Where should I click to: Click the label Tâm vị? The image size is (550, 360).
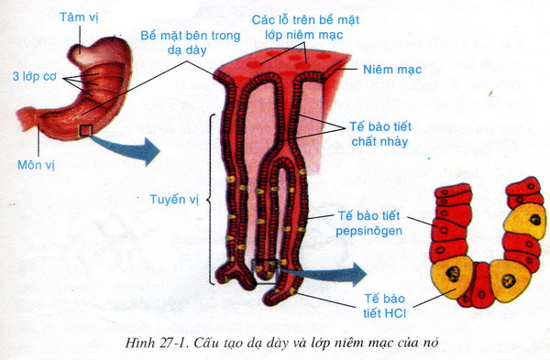coord(79,17)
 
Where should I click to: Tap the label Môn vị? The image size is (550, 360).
coord(36,164)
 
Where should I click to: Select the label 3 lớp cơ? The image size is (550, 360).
coord(35,76)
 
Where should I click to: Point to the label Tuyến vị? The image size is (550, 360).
coord(174,199)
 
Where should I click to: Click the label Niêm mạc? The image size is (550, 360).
coord(392,70)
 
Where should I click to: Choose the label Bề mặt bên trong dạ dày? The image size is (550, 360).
coord(191,42)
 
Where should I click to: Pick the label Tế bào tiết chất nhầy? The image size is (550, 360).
coord(379,134)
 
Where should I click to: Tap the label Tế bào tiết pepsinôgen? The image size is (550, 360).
coord(368,224)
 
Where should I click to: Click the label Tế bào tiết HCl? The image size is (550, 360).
coord(384,306)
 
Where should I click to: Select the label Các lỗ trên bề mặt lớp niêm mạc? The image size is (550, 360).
coord(305,27)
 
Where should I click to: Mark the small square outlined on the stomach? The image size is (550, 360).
coord(85,130)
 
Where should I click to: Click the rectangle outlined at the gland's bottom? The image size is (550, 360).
coord(266,271)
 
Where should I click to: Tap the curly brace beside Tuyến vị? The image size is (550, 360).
coord(210,199)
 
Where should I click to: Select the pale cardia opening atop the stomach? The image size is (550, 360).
coord(82,55)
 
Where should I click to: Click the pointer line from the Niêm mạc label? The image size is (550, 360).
coord(346,69)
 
